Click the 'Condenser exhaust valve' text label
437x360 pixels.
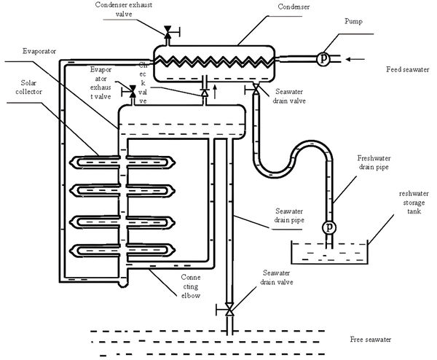click(x=124, y=9)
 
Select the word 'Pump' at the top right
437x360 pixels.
click(x=353, y=21)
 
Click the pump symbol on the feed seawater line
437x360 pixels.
click(x=323, y=59)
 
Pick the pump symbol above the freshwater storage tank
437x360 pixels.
click(x=329, y=227)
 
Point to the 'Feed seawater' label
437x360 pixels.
click(x=407, y=69)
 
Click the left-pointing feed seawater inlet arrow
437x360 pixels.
click(x=355, y=59)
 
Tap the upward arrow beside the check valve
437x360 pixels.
click(x=215, y=92)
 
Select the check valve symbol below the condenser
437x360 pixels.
click(x=205, y=93)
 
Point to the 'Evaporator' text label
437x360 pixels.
click(x=39, y=51)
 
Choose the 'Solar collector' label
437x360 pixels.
click(x=28, y=87)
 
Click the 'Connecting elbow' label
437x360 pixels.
click(x=191, y=286)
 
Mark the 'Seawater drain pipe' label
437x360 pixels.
click(x=289, y=215)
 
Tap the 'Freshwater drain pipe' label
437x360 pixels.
click(x=374, y=163)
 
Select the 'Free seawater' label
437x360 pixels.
click(x=371, y=340)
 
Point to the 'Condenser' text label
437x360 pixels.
click(x=294, y=7)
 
